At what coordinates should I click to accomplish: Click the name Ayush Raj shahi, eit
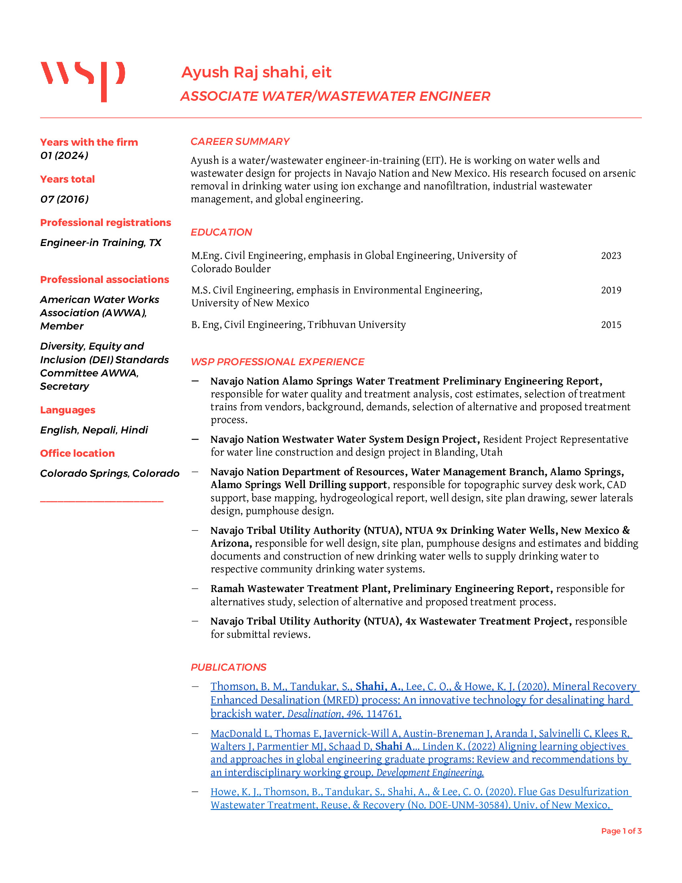click(x=256, y=72)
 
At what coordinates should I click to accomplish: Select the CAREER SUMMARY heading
click(x=240, y=142)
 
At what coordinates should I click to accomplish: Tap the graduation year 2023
click(x=611, y=256)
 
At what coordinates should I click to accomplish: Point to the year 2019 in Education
click(x=611, y=290)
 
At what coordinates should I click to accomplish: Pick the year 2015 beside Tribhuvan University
click(x=611, y=325)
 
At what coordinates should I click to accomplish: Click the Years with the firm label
click(x=89, y=142)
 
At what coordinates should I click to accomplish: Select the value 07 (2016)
click(x=64, y=199)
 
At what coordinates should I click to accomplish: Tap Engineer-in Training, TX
click(x=101, y=242)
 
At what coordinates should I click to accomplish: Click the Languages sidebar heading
click(x=67, y=410)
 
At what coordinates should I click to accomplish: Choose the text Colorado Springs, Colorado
click(x=110, y=474)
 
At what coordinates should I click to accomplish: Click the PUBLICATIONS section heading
click(x=228, y=667)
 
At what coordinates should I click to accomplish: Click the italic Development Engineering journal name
click(x=430, y=773)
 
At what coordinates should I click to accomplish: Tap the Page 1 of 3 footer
click(x=621, y=831)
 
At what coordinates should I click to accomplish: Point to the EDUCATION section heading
click(x=221, y=232)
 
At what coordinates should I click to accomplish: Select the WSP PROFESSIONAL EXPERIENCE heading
click(x=277, y=362)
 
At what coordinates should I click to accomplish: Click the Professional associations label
click(x=104, y=280)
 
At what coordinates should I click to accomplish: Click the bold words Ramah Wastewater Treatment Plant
click(x=299, y=589)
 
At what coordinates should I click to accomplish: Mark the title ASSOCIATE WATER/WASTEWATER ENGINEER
click(x=335, y=96)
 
